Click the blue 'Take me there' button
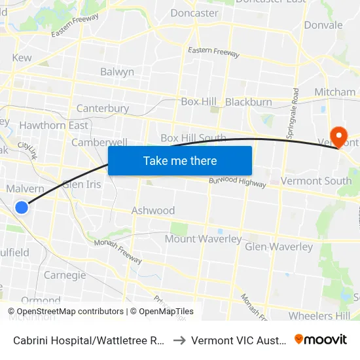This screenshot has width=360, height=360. point(180,160)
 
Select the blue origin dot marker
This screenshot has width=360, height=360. point(22,207)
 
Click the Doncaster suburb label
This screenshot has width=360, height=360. point(194,13)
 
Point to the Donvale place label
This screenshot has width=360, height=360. point(323,26)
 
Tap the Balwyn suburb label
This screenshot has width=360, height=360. point(117,72)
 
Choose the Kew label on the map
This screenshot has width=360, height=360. point(22,58)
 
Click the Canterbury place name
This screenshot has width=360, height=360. point(102,108)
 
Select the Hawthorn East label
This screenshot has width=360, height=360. point(54,125)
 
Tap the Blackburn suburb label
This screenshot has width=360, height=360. point(248,102)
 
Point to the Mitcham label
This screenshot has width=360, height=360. point(334,92)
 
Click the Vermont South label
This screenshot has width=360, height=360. point(315,181)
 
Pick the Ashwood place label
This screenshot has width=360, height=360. point(153,210)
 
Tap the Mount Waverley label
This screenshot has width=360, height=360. point(203,239)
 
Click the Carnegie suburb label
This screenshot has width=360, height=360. point(65,275)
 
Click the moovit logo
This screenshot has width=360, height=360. point(320,339)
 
